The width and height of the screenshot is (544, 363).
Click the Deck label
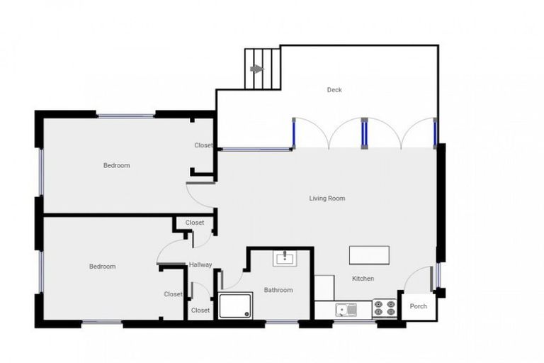coord(334,90)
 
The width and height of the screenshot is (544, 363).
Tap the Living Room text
coord(327,199)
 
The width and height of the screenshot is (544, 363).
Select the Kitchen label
coord(363,279)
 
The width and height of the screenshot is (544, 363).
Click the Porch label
coord(419,306)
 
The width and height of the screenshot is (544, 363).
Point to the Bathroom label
coord(278,290)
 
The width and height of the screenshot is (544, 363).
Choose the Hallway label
coord(200,265)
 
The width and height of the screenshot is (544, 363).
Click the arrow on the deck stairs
coord(256,69)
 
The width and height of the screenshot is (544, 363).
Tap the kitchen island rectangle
coord(369,255)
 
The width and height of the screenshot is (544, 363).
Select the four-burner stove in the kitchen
coord(385,308)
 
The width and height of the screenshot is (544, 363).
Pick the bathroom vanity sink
coord(285,257)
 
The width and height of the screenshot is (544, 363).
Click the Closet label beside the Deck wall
coord(203,145)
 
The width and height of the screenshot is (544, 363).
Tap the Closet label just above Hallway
coord(195,223)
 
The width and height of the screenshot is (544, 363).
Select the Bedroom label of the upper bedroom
coord(116,165)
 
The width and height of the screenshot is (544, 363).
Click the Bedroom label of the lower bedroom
coord(102,267)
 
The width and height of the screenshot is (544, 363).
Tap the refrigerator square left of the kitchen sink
coord(324,288)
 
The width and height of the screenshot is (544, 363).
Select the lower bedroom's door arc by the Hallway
coord(171,251)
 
